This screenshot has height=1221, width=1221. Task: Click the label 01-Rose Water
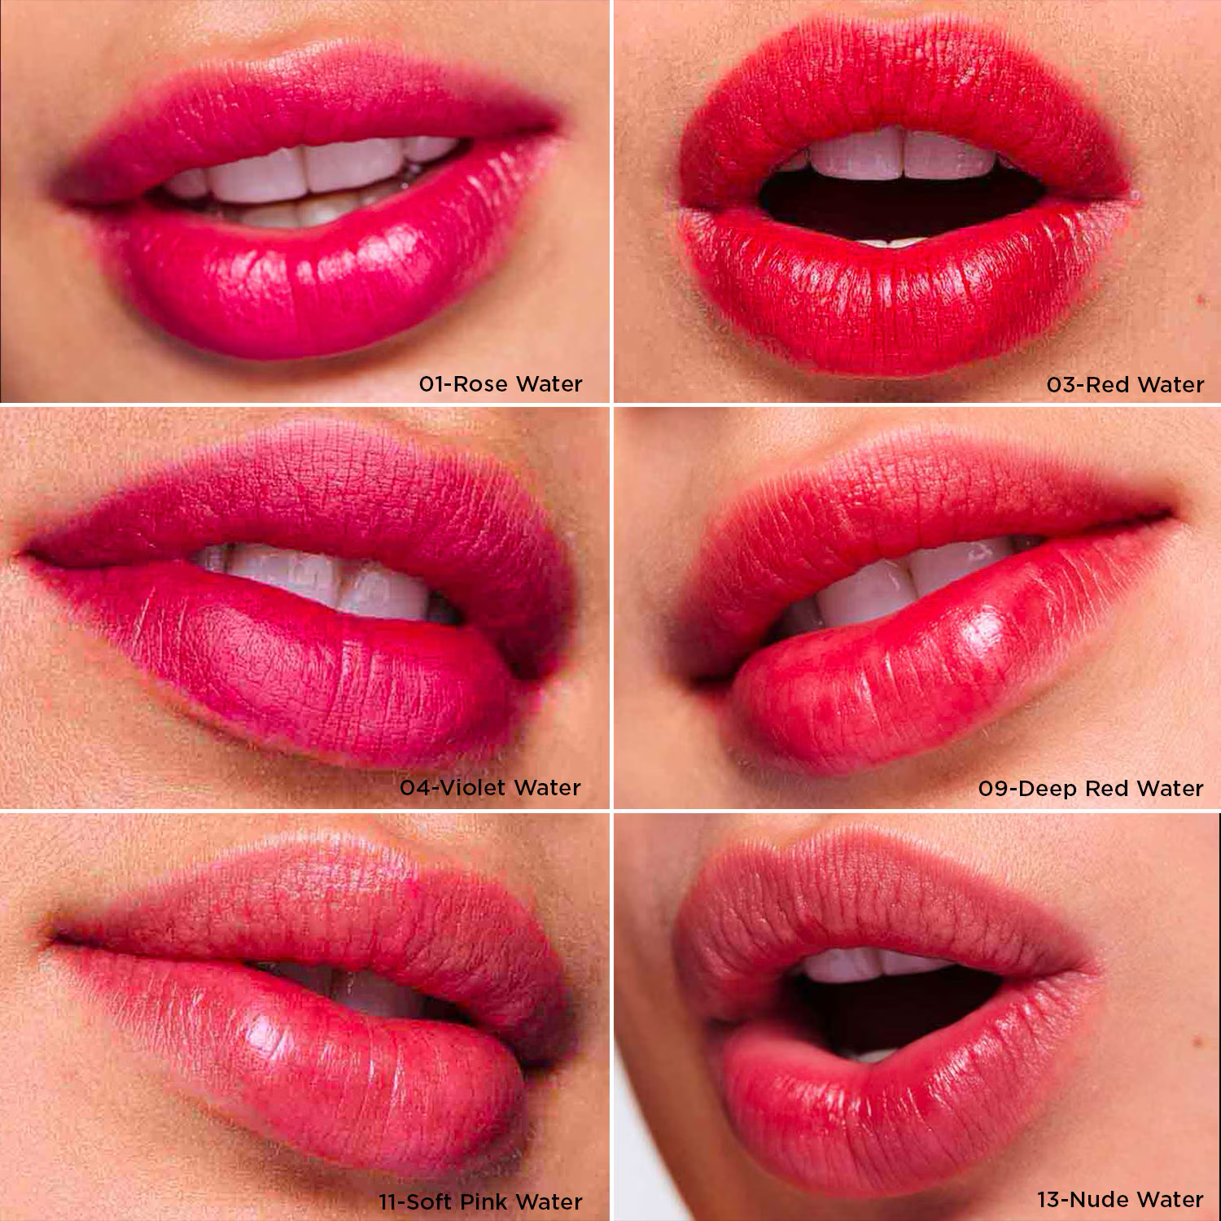coord(501,384)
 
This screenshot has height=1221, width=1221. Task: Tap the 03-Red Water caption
coord(1125,384)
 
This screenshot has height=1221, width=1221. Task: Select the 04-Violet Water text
coord(490,788)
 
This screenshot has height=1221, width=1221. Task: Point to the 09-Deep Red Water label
coord(1090,788)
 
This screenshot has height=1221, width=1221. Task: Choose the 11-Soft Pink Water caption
coord(480,1201)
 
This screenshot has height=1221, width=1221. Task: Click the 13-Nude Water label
coord(1119,1199)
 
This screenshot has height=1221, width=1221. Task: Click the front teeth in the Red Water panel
coord(899,155)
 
